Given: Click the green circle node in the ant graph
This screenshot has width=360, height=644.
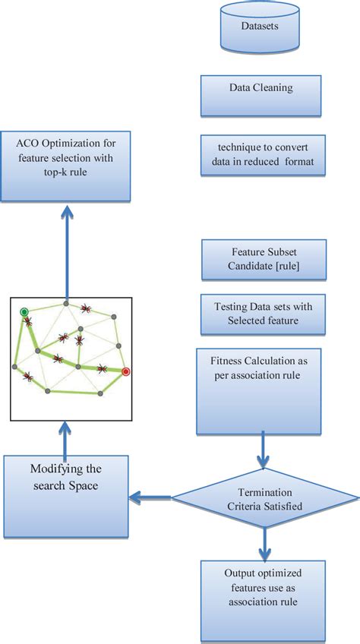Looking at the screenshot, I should pyautogui.click(x=24, y=312).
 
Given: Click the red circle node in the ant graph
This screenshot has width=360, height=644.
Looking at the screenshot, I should pyautogui.click(x=126, y=371).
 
